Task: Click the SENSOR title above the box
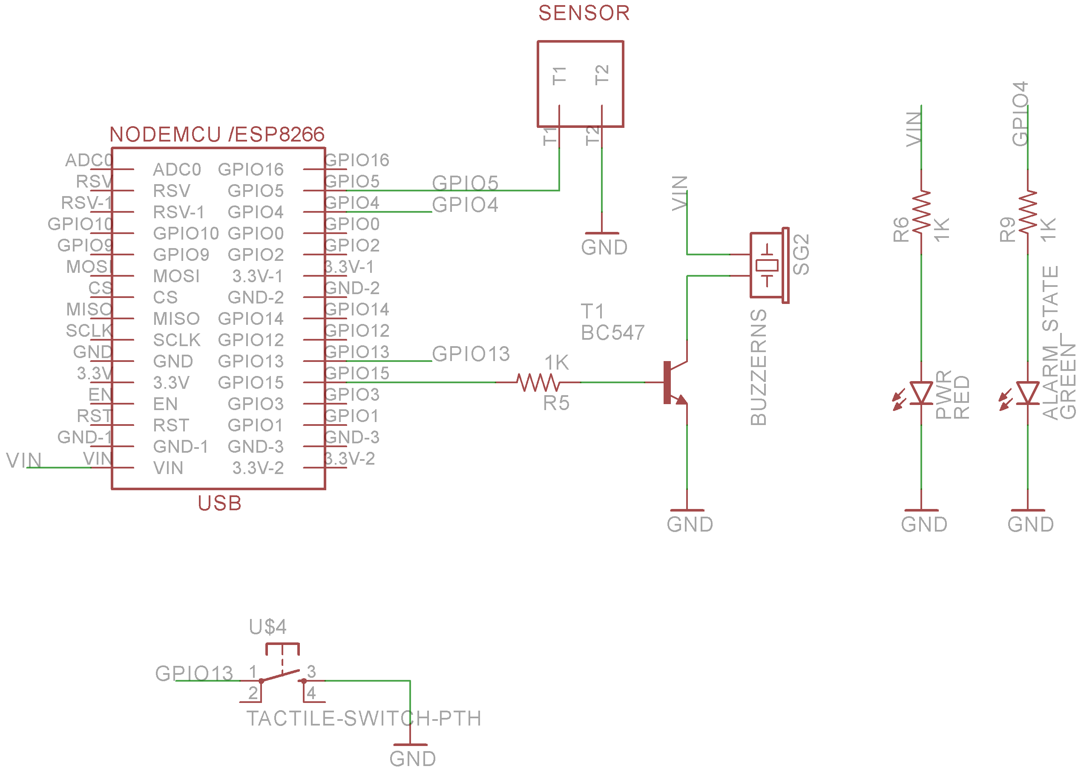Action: point(584,13)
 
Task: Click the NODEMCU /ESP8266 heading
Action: point(217,135)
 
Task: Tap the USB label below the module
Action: point(219,503)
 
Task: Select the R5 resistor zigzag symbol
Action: point(538,382)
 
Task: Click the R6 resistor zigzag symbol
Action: point(921,211)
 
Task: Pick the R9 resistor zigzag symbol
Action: point(1027,211)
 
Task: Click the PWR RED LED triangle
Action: point(921,393)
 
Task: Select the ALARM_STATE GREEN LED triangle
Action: point(1027,393)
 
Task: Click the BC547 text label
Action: point(612,333)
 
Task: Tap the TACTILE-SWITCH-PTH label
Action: point(364,719)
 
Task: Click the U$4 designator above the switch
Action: point(267,627)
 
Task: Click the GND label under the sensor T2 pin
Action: point(604,248)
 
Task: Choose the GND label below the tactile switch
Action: point(412,759)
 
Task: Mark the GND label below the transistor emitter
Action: point(690,525)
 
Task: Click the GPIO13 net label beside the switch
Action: point(194,674)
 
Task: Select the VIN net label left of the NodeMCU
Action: point(24,460)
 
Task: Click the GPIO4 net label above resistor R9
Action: point(1020,114)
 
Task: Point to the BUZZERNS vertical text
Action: point(759,367)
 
